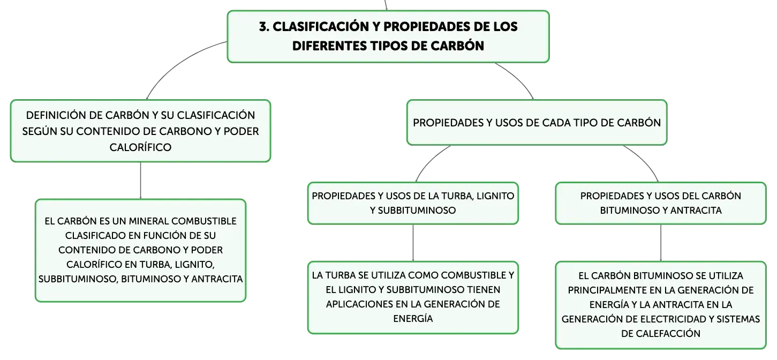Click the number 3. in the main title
pos(264,27)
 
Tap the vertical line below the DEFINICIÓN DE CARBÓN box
pos(140,181)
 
